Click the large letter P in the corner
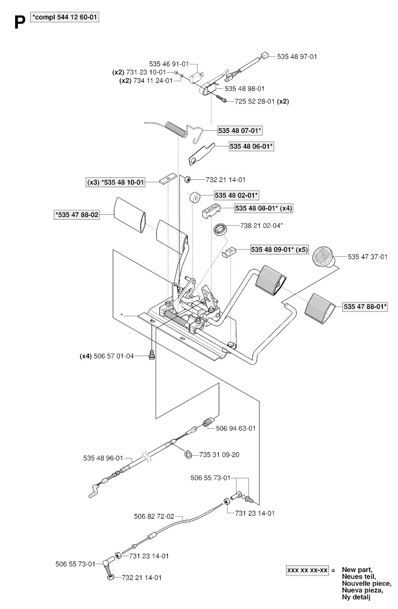[20, 22]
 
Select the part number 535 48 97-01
[297, 56]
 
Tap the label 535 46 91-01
[169, 64]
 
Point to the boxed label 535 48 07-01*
[240, 130]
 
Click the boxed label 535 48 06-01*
[251, 146]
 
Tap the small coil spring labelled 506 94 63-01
[208, 423]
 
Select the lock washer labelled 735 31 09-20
[188, 454]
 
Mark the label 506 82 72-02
[154, 516]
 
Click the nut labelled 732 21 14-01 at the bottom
[110, 577]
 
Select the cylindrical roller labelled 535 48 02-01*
[195, 197]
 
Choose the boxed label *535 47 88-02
[77, 215]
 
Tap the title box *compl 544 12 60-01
[65, 18]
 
